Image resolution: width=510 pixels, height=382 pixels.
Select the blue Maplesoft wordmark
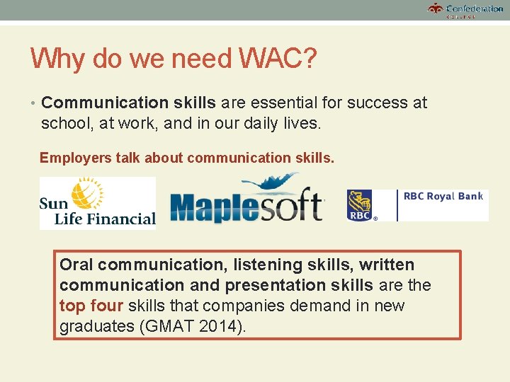[246, 207]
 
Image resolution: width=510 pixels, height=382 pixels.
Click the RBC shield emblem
[361, 205]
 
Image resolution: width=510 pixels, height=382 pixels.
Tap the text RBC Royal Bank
[443, 197]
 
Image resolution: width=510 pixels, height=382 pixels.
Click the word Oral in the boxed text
[76, 265]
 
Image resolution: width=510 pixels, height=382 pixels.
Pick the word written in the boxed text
[386, 265]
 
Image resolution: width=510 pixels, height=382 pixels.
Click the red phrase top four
[91, 306]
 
